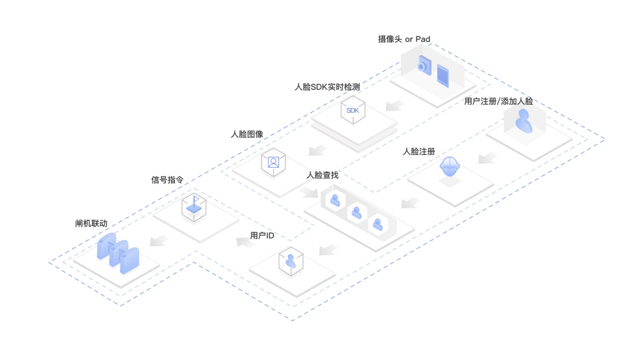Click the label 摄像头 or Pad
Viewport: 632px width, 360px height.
pyautogui.click(x=404, y=39)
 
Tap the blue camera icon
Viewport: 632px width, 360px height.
pyautogui.click(x=424, y=66)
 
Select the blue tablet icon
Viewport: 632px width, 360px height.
pyautogui.click(x=443, y=76)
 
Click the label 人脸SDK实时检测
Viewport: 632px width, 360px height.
pyautogui.click(x=327, y=87)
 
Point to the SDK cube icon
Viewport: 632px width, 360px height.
pyautogui.click(x=353, y=110)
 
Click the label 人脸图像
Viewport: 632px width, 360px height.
pyautogui.click(x=247, y=134)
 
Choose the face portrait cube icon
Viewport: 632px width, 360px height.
pyautogui.click(x=273, y=162)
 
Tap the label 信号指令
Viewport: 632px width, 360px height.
pyautogui.click(x=167, y=180)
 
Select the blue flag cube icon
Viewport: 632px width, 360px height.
pyautogui.click(x=194, y=207)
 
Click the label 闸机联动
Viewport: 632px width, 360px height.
pyautogui.click(x=91, y=223)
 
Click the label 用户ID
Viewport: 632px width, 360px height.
pyautogui.click(x=262, y=236)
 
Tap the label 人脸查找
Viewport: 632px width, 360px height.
pyautogui.click(x=322, y=175)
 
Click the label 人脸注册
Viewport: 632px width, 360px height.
pyautogui.click(x=419, y=152)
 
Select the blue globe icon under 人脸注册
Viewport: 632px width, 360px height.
pyautogui.click(x=450, y=167)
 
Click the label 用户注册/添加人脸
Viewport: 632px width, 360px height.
pyautogui.click(x=498, y=101)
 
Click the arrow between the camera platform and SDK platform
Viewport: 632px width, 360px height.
pyautogui.click(x=395, y=105)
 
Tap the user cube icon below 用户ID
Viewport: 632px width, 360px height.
pyautogui.click(x=291, y=261)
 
